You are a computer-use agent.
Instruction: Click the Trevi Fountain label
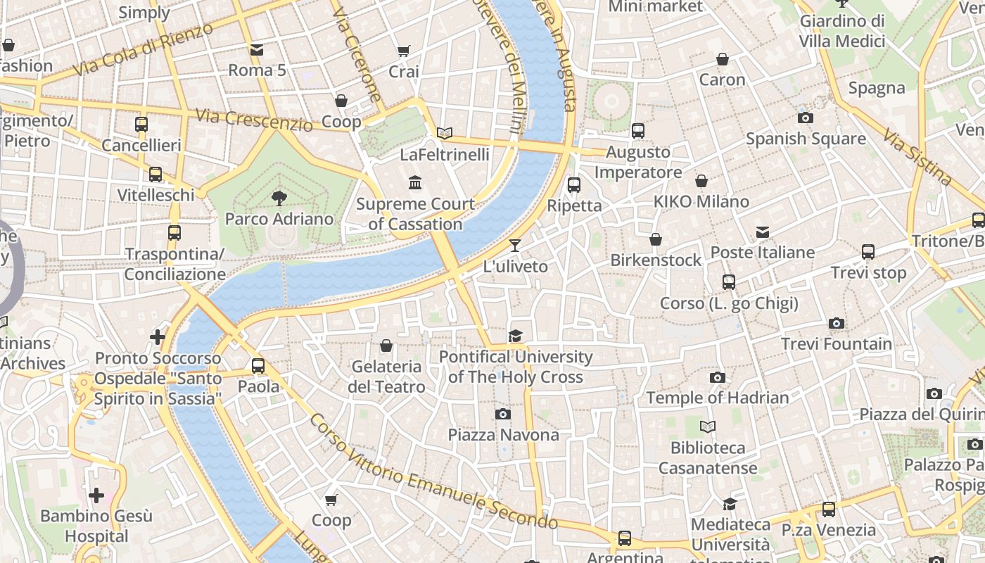(x=837, y=344)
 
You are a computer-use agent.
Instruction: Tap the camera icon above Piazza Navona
(x=502, y=414)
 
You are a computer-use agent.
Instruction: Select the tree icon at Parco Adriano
(x=279, y=198)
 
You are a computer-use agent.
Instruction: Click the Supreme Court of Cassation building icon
(x=415, y=183)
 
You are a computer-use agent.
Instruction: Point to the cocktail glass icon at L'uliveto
(x=515, y=246)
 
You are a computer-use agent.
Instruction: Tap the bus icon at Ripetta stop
(x=574, y=185)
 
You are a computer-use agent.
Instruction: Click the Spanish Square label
(x=806, y=139)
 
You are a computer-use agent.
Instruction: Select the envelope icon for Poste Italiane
(x=762, y=232)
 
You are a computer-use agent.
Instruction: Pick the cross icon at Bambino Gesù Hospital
(x=96, y=495)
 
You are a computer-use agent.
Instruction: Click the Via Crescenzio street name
(x=254, y=120)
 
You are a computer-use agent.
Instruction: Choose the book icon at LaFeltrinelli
(x=444, y=133)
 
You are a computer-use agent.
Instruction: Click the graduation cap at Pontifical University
(x=516, y=336)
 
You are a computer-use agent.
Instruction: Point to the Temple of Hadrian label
(x=718, y=398)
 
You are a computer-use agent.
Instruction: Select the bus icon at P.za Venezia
(x=829, y=509)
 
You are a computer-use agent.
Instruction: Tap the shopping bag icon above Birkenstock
(x=656, y=239)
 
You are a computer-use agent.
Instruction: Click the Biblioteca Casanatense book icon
(x=708, y=426)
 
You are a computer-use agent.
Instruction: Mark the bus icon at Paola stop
(x=258, y=366)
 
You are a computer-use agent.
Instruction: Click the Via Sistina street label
(x=917, y=157)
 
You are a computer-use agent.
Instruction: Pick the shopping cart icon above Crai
(x=403, y=51)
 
